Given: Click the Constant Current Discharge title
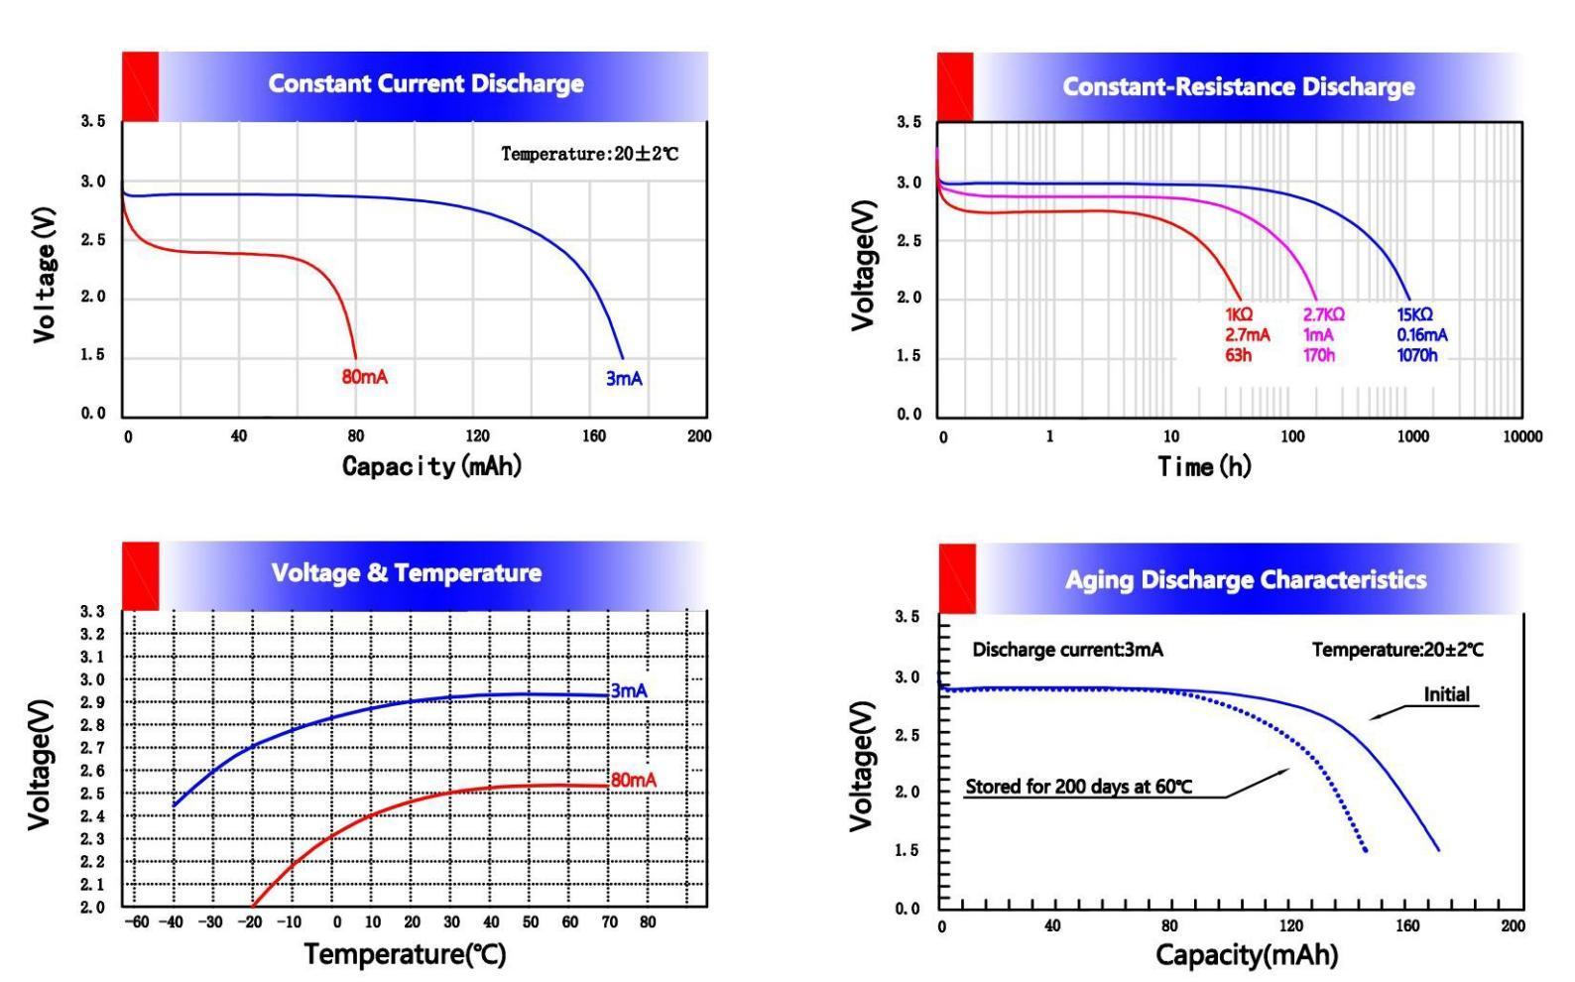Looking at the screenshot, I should tap(425, 83).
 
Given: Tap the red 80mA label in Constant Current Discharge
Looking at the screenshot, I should tap(364, 378).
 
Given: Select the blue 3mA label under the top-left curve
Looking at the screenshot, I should tap(624, 379).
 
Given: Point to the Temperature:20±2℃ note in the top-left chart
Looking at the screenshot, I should tap(589, 154).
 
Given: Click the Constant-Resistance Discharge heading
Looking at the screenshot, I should tap(1239, 87).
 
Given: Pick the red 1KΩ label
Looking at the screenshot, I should tap(1239, 314).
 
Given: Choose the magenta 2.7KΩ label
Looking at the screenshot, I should tap(1323, 314).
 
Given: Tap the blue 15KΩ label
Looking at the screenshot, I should tap(1414, 314).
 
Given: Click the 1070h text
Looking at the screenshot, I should tap(1417, 355).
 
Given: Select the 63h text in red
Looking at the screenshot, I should tap(1238, 355).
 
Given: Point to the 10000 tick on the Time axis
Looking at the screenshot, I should tap(1522, 436).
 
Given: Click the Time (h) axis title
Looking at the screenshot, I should tap(1204, 466).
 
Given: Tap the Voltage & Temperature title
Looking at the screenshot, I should tap(407, 573).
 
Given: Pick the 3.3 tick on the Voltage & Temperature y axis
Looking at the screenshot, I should tap(92, 612).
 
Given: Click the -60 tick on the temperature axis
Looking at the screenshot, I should tap(138, 922).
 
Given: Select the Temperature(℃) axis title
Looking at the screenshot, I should tap(405, 954).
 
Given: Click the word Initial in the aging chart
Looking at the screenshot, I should tap(1446, 694).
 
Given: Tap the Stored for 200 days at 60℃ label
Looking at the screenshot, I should tap(1078, 787).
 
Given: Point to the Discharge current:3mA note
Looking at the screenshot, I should tap(1067, 651).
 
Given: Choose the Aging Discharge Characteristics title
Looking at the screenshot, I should tap(1246, 580).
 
